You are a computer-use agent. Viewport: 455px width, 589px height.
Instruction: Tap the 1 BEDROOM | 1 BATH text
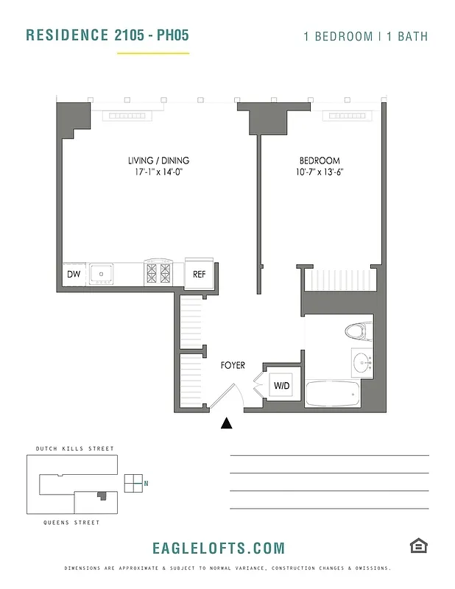tap(366, 36)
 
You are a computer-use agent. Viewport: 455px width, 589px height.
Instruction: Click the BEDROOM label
tap(319, 161)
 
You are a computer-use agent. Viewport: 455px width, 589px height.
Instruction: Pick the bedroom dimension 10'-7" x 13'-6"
tap(319, 174)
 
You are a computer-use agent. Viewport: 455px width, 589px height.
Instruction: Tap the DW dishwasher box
tap(74, 274)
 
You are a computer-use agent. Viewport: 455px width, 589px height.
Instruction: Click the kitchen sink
tap(101, 274)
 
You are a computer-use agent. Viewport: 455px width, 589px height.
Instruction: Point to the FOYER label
tap(233, 365)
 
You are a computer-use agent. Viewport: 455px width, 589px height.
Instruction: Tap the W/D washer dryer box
tap(281, 385)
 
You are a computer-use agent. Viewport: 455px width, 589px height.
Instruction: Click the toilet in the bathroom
tap(356, 332)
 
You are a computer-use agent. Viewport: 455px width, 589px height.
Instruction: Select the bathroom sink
tap(361, 362)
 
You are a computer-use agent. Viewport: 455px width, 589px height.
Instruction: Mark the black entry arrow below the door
tap(227, 423)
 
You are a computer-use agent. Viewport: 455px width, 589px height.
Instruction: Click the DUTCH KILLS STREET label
tap(75, 448)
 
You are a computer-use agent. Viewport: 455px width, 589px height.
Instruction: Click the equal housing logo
tap(418, 546)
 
